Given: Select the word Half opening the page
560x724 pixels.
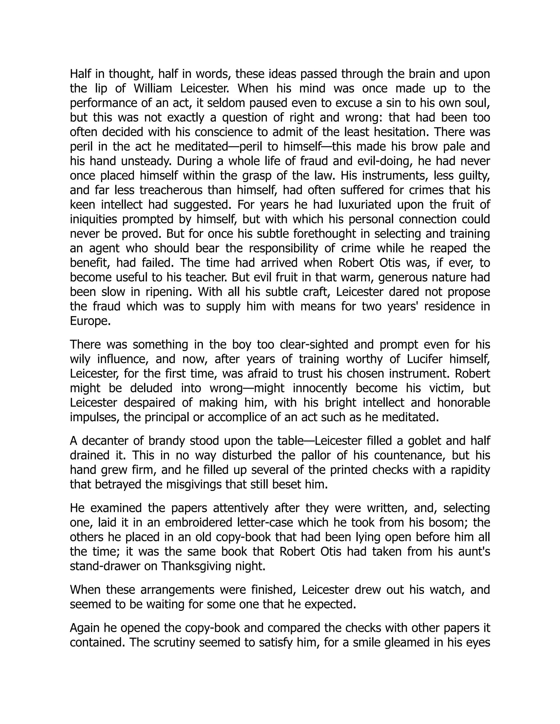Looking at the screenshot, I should tap(79, 74).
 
